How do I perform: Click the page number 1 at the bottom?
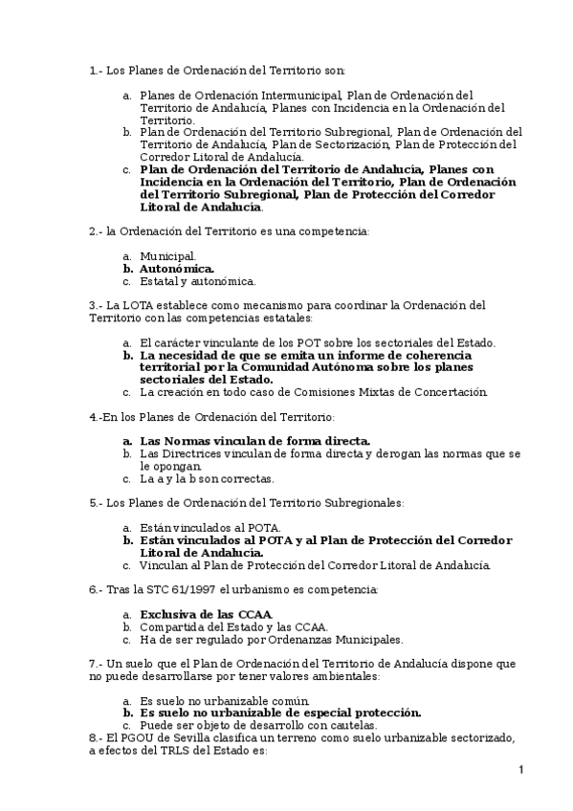(520, 771)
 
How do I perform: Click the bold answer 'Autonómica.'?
(177, 269)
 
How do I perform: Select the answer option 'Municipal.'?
(167, 256)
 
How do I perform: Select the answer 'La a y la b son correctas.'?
(207, 478)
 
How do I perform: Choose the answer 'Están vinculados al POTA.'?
(209, 527)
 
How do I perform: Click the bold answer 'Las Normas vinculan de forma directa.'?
(254, 441)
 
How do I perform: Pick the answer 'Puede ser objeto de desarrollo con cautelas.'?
(257, 725)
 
